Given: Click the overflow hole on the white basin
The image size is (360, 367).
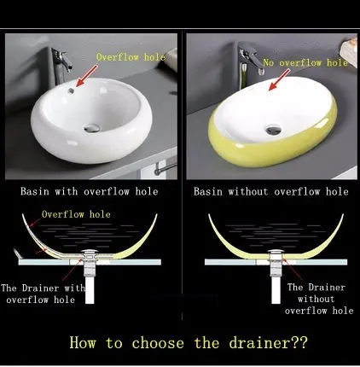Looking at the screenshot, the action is tap(71, 90).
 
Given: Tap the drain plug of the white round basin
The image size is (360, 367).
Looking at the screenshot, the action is tap(92, 128).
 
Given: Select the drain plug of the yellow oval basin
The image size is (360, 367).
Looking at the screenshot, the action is tap(274, 130).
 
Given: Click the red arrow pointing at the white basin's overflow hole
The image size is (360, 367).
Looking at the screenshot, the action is tap(86, 76).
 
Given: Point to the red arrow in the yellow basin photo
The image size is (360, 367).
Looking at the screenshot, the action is tap(279, 80).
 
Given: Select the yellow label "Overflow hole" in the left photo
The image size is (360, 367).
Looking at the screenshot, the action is tap(131, 57).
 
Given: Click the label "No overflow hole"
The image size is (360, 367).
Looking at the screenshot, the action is tap(305, 62).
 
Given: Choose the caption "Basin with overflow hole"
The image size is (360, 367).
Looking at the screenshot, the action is tap(89, 191).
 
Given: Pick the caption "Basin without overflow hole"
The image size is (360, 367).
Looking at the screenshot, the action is tap(271, 191).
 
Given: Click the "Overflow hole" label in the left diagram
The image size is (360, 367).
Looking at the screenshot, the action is tap(76, 214).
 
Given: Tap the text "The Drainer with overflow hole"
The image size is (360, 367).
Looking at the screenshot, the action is tap(43, 294).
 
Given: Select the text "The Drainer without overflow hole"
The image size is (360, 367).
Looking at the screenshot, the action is tap(319, 299).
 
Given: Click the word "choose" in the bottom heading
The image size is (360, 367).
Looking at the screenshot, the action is tap(158, 343).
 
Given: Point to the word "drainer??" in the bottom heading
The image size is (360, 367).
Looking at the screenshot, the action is tap(268, 343).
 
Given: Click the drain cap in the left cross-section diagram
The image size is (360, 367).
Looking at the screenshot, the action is tap(90, 251).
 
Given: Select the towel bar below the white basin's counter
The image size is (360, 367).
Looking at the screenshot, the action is tap(165, 168).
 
